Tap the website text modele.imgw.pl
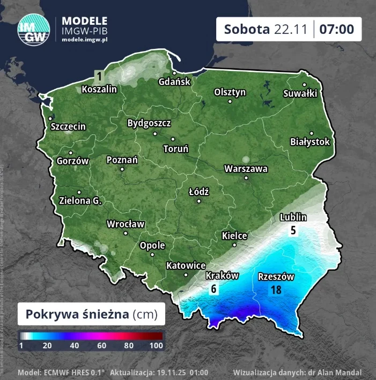[85, 40]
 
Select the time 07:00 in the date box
[337, 29]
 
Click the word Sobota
[247, 29]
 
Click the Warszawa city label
[246, 169]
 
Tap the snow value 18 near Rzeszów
[276, 290]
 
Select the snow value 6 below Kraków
[213, 289]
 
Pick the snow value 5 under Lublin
[293, 231]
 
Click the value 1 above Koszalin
[99, 75]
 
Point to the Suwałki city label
[300, 94]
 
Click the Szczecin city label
[68, 127]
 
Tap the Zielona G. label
[80, 201]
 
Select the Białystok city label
[309, 142]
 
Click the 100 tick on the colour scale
[156, 346]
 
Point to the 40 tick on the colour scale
[74, 346]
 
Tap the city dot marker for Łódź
[199, 202]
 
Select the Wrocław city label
[126, 224]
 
